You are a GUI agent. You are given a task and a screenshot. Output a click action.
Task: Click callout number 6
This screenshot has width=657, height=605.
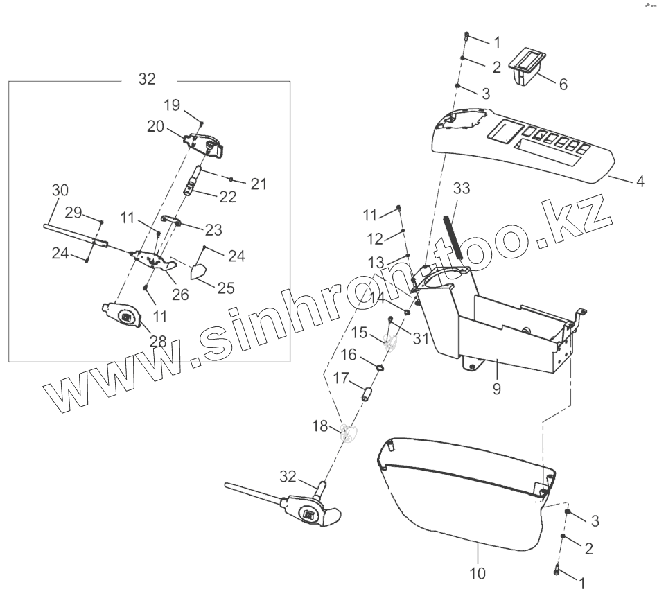tap(563, 85)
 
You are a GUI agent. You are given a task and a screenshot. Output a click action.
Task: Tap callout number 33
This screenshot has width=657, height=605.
tap(462, 188)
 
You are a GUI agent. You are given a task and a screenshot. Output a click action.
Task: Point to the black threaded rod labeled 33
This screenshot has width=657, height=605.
tap(453, 236)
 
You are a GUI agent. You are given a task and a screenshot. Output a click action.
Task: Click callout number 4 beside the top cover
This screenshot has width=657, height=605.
tap(640, 182)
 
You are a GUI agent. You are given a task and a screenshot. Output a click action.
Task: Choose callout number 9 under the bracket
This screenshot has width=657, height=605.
tap(496, 389)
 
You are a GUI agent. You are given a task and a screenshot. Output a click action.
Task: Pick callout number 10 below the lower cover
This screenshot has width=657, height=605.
tap(478, 573)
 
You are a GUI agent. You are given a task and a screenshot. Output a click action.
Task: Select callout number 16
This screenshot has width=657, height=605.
tap(348, 355)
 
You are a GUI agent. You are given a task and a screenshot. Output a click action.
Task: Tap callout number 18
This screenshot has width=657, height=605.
tap(319, 426)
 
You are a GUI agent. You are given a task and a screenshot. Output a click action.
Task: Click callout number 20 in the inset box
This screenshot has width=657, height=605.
tap(155, 126)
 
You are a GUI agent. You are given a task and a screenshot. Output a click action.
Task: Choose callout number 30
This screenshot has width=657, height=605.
tap(60, 190)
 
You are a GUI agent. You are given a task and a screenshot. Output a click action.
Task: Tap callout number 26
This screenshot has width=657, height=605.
tap(180, 294)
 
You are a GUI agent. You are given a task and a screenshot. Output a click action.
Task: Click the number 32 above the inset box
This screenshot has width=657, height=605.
tap(147, 79)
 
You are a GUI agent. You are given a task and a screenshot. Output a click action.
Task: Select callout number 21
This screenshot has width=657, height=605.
tap(259, 184)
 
